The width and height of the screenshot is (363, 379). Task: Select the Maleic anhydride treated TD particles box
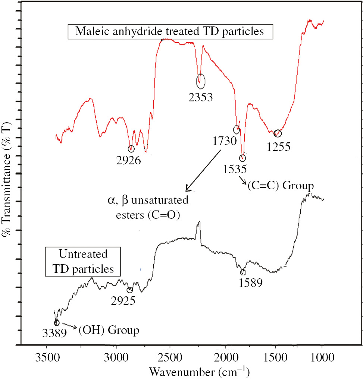tap(170, 31)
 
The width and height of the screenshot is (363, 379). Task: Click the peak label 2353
tap(200, 98)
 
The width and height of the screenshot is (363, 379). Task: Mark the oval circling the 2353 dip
tap(200, 80)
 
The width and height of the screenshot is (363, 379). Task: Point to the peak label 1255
tap(278, 146)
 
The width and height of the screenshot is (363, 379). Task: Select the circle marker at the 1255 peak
tap(277, 133)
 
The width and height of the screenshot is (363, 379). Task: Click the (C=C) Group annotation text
tap(280, 185)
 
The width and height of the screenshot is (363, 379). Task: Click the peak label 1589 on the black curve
tap(251, 283)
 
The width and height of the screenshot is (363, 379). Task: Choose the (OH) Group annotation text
tap(109, 329)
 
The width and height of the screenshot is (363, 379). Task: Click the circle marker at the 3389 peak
tap(57, 323)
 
